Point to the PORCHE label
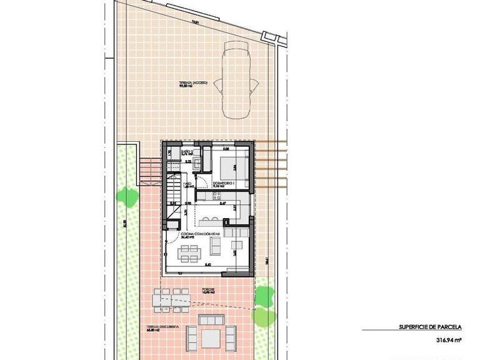207,289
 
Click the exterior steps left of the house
149,171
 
